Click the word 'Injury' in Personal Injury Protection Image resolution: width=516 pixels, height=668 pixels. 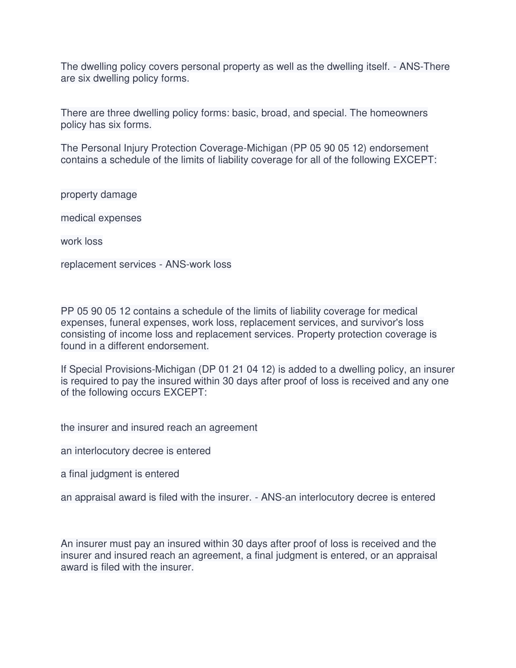(x=134, y=148)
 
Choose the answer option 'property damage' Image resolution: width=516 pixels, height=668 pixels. (x=99, y=195)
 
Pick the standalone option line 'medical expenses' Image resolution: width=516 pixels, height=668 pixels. (x=101, y=218)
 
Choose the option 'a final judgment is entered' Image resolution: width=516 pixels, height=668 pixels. (x=120, y=474)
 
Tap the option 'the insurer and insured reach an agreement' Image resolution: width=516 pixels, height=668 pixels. (x=159, y=428)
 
